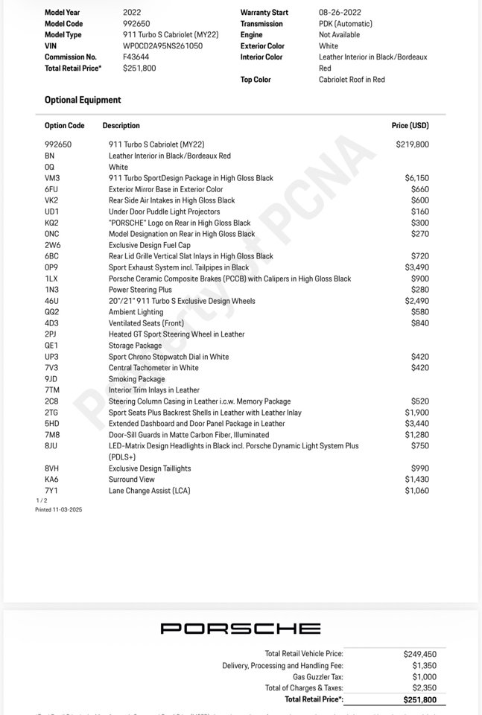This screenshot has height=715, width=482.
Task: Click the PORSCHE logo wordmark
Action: pyautogui.click(x=241, y=629)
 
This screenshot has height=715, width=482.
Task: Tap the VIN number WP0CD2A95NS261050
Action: pyautogui.click(x=162, y=45)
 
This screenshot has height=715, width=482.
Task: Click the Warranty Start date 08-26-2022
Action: pyautogui.click(x=340, y=13)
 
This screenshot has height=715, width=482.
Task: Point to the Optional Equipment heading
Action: pyautogui.click(x=83, y=100)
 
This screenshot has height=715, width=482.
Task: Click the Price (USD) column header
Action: pyautogui.click(x=410, y=126)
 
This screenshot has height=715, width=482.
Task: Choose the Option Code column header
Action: pyautogui.click(x=65, y=126)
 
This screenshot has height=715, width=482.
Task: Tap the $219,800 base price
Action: pyautogui.click(x=412, y=144)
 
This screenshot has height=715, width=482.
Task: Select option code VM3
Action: pyautogui.click(x=52, y=178)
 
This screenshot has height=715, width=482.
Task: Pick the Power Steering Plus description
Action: pyautogui.click(x=140, y=290)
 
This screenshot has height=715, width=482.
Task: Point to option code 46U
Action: pyautogui.click(x=52, y=301)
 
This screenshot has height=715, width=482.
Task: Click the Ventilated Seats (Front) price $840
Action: pyautogui.click(x=420, y=323)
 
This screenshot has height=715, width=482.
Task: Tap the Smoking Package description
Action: pyautogui.click(x=136, y=379)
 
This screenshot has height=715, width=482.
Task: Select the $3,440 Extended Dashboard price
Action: pyautogui.click(x=416, y=424)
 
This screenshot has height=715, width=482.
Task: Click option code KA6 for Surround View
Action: pyautogui.click(x=51, y=480)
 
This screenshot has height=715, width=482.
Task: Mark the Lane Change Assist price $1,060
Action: pyautogui.click(x=416, y=491)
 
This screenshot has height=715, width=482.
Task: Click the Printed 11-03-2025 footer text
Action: pyautogui.click(x=57, y=510)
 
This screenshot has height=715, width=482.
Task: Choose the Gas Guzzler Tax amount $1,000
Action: pyautogui.click(x=425, y=677)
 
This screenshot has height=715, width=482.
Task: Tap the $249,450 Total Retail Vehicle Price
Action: pyautogui.click(x=420, y=653)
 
